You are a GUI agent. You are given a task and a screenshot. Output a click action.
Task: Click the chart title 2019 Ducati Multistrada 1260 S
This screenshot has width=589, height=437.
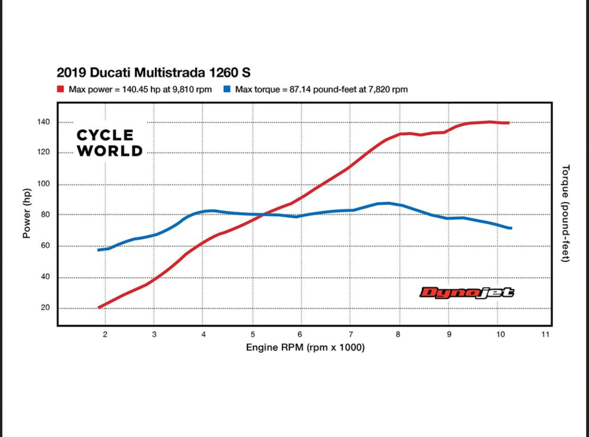tap(153, 73)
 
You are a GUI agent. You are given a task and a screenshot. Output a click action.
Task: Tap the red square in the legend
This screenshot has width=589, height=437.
tap(60, 89)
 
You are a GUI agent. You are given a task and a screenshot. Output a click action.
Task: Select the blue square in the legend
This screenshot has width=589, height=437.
tap(227, 89)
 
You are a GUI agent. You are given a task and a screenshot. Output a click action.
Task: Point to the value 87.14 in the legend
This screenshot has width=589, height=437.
tap(300, 89)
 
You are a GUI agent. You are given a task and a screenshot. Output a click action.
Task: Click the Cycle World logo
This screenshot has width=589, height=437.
tap(110, 143)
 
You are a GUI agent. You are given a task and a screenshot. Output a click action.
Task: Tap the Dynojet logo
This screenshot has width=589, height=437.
tap(467, 293)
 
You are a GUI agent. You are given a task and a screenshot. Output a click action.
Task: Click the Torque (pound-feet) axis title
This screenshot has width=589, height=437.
tap(566, 213)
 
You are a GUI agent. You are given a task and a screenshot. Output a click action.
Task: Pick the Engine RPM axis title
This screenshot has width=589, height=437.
tap(305, 348)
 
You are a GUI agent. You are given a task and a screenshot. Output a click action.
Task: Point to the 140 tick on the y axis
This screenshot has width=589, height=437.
tap(44, 122)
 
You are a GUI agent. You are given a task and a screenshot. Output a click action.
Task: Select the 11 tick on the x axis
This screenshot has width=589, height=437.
tap(545, 335)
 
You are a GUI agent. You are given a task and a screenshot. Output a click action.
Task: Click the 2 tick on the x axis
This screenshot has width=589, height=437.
tap(105, 335)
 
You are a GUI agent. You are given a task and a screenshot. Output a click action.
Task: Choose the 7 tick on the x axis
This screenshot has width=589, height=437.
tap(351, 335)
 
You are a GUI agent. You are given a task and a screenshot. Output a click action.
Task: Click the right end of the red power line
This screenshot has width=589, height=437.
tap(508, 123)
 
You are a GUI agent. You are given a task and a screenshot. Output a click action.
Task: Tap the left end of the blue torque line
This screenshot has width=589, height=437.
tap(99, 250)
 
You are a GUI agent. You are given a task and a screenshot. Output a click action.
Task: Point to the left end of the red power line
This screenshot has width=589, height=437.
tap(99, 308)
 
